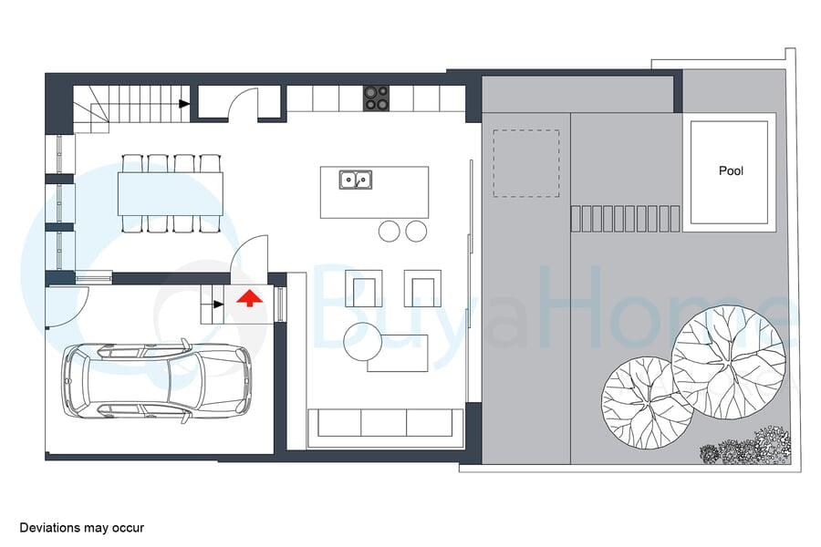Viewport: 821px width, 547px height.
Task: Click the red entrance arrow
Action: (x=250, y=298)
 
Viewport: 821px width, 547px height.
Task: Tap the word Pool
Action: (x=731, y=170)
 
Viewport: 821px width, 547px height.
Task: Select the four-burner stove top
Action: (x=377, y=98)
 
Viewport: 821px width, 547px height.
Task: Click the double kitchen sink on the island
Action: (x=356, y=180)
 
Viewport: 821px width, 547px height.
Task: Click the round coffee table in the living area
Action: (x=363, y=341)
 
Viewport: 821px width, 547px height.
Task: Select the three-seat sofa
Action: (x=385, y=423)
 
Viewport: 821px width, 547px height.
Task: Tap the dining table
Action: (x=171, y=193)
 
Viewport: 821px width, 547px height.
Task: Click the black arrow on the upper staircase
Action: (x=183, y=104)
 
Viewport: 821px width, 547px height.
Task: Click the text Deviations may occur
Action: (x=82, y=528)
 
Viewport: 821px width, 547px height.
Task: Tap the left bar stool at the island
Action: (x=389, y=232)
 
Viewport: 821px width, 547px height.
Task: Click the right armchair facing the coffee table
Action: (x=422, y=288)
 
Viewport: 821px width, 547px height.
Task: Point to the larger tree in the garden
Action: (x=729, y=362)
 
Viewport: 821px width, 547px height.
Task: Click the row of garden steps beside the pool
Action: (x=625, y=219)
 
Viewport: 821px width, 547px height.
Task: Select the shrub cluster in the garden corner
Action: (x=745, y=447)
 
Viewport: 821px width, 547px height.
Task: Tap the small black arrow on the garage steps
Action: (x=219, y=304)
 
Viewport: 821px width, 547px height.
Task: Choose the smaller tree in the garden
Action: (x=648, y=403)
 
